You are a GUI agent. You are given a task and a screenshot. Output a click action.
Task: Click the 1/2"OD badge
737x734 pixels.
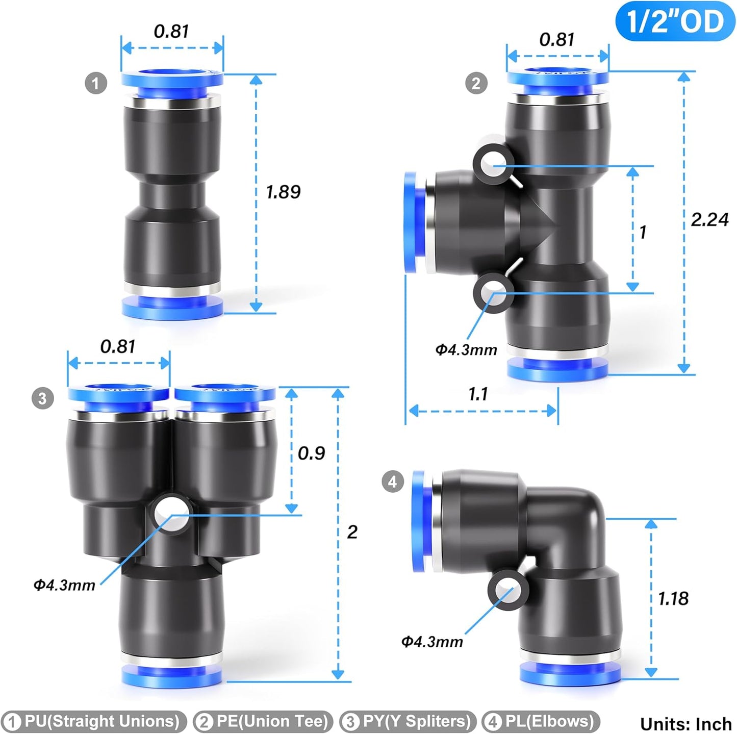[675, 21]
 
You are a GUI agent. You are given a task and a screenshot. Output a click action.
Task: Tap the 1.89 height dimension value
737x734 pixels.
[283, 192]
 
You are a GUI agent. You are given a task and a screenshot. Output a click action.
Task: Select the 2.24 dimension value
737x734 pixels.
[709, 220]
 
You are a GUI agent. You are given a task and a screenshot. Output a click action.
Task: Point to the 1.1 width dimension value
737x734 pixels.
[478, 394]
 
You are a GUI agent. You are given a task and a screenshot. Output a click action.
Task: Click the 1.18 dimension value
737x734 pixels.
[673, 598]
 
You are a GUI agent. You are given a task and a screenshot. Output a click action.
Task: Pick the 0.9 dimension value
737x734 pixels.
[311, 453]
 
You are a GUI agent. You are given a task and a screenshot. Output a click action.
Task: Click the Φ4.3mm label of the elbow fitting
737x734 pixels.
[432, 641]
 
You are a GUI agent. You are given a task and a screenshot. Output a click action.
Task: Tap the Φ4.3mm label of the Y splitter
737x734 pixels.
[64, 585]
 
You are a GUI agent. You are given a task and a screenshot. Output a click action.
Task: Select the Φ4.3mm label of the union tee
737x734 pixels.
[466, 349]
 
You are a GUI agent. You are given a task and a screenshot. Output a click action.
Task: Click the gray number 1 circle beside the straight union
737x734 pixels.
[96, 83]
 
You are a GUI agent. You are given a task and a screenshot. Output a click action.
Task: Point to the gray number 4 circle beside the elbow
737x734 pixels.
[392, 481]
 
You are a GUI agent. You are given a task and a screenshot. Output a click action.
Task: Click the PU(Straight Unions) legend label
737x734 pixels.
[94, 721]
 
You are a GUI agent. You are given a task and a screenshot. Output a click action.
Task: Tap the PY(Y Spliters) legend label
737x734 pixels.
[408, 721]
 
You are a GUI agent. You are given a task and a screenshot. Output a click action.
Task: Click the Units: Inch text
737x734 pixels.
[685, 724]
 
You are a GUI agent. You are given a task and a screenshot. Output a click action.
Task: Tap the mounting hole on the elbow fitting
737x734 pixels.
[508, 590]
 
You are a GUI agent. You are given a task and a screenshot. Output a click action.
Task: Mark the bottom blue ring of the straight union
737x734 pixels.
[172, 308]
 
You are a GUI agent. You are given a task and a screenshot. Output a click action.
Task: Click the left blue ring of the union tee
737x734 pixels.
[411, 222]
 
